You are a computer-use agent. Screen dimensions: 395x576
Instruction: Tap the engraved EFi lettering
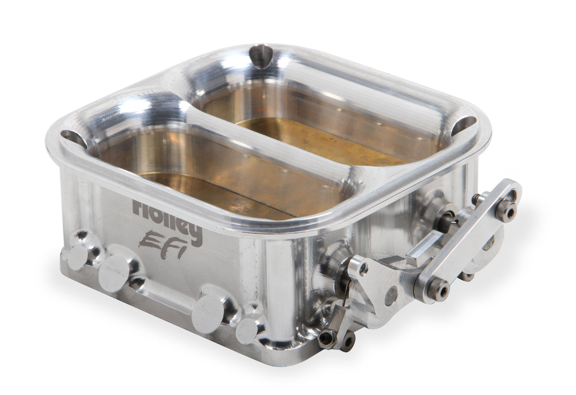pyautogui.click(x=161, y=247)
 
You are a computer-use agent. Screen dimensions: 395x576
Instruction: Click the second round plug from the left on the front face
pyautogui.click(x=114, y=273)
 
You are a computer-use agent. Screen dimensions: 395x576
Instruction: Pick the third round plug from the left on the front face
pyautogui.click(x=208, y=313)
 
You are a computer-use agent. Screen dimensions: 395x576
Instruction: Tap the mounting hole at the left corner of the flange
pyautogui.click(x=74, y=138)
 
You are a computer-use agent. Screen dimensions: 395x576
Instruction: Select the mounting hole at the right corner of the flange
pyautogui.click(x=463, y=126)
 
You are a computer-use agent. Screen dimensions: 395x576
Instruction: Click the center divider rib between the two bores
pyautogui.click(x=266, y=142)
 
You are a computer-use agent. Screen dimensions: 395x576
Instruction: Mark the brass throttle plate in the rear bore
pyautogui.click(x=323, y=138)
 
